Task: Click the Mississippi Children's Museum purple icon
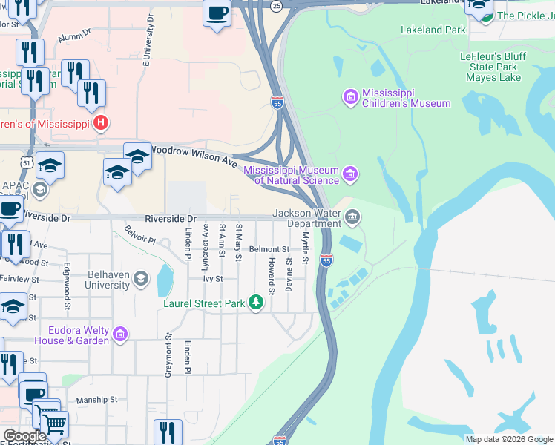[350, 96]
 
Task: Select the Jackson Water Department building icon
[352, 218]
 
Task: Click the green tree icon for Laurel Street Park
[255, 303]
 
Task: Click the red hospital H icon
[102, 123]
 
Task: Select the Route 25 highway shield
[277, 6]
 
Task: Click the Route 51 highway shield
[27, 162]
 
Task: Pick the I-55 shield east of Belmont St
[326, 260]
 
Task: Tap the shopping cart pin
[54, 424]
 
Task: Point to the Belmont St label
[269, 249]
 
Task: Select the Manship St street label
[96, 399]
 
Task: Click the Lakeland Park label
[433, 30]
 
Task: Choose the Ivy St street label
[214, 279]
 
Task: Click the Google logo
[24, 436]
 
